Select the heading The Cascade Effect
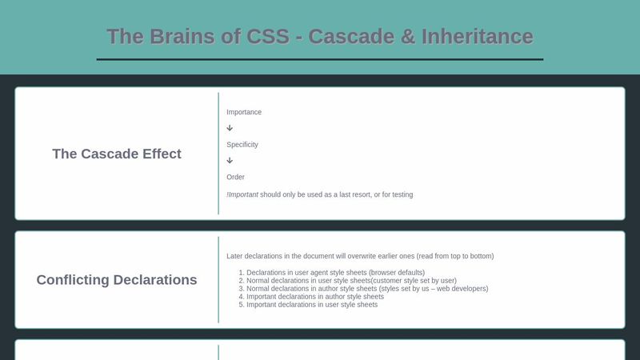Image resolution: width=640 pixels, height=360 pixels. (117, 154)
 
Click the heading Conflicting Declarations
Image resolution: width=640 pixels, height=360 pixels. (117, 280)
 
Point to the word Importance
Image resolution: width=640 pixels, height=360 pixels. (244, 112)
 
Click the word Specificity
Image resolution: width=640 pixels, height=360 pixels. (242, 145)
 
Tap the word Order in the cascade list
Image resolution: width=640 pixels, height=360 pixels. (236, 177)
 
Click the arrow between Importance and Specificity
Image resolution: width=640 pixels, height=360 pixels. (230, 128)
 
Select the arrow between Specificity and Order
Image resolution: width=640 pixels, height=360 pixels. (230, 160)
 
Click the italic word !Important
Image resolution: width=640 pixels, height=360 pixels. (242, 194)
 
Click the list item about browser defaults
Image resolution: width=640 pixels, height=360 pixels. (335, 273)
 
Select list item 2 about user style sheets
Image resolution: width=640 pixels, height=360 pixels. (351, 281)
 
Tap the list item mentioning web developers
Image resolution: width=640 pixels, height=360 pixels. (367, 289)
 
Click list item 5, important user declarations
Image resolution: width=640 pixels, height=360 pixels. (312, 305)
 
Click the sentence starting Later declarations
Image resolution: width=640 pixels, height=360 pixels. (360, 256)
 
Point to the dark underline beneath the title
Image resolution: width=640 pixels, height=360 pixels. (320, 59)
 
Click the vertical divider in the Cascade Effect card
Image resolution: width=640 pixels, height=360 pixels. (218, 154)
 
